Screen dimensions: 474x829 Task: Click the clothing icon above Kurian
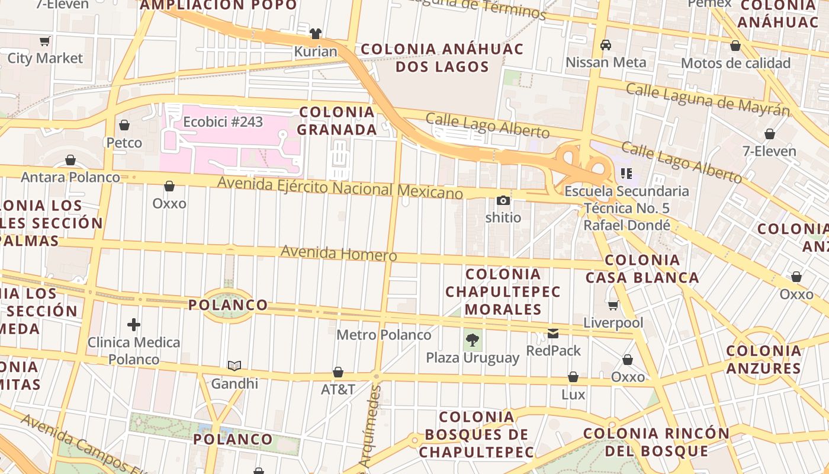click(316, 33)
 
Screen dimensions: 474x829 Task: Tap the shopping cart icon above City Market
click(44, 41)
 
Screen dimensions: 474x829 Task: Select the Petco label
click(124, 143)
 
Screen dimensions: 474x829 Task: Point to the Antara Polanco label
click(70, 177)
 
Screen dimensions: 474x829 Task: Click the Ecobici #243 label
click(223, 122)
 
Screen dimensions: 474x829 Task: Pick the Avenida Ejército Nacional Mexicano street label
click(340, 188)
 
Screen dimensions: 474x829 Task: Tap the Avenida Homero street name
click(338, 253)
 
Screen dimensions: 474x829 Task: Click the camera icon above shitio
click(503, 200)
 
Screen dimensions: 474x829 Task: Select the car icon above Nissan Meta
click(606, 44)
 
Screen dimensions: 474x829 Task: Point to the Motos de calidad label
click(735, 63)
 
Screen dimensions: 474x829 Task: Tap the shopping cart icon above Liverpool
click(613, 305)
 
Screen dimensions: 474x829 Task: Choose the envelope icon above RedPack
click(553, 333)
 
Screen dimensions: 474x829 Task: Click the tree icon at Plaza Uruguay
click(472, 340)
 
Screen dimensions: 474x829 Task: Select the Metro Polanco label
click(384, 335)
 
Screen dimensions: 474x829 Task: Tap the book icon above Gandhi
click(234, 366)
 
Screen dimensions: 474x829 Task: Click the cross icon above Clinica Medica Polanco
click(134, 325)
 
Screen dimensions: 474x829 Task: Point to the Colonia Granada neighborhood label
click(337, 120)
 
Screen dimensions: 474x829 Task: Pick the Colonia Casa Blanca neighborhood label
click(642, 268)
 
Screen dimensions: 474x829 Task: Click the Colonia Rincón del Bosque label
click(656, 442)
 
